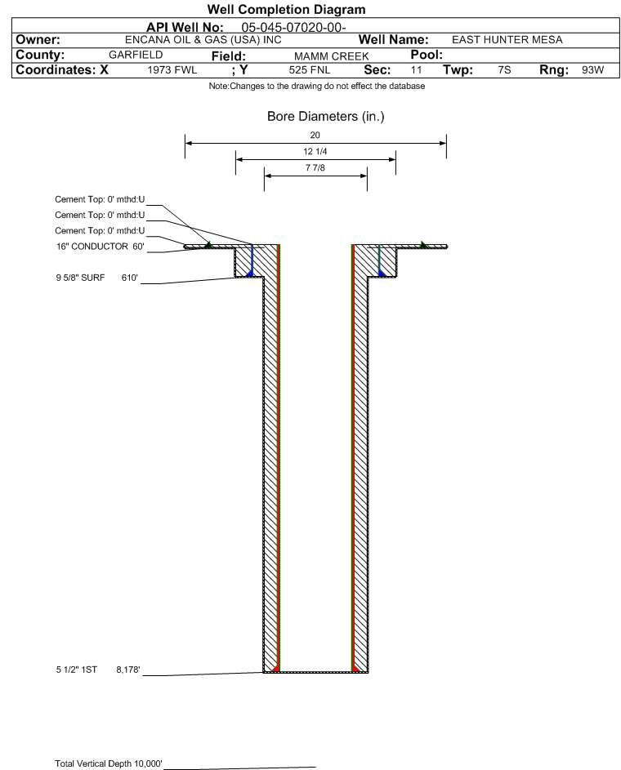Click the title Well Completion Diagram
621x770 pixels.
[287, 9]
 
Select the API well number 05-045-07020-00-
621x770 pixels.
[293, 28]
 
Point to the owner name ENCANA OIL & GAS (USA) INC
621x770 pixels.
[203, 40]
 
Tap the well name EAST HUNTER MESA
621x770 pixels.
[507, 40]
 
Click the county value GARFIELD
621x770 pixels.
[136, 55]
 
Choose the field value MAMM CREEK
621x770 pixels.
[332, 56]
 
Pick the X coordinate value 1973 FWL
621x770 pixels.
[172, 70]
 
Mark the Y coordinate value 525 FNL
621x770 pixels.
[310, 70]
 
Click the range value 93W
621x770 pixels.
[593, 69]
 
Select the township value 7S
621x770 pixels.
[504, 69]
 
